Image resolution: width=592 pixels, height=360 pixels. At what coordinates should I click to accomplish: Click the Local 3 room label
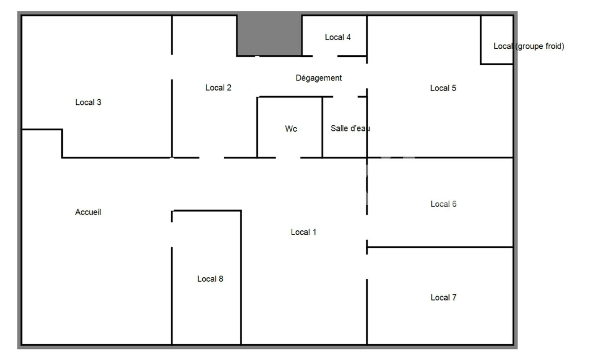(x=88, y=102)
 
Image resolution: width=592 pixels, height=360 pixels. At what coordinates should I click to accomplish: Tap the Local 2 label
(x=218, y=88)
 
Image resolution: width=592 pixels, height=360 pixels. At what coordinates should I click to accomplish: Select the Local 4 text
(x=338, y=37)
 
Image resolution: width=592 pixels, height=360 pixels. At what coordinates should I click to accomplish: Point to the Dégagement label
(x=319, y=78)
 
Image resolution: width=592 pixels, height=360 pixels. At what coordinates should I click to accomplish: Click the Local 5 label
(x=443, y=88)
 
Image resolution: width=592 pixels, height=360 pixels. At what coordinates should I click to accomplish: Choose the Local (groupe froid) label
(x=529, y=46)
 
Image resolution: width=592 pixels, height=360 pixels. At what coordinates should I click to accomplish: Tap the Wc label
(x=291, y=129)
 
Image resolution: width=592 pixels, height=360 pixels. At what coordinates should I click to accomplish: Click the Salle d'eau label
(x=350, y=128)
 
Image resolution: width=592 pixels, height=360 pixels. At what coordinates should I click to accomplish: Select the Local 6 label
(x=443, y=204)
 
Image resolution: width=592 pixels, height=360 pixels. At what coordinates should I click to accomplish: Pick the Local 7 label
(x=443, y=297)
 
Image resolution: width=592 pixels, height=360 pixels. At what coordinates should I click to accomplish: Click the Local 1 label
(x=303, y=232)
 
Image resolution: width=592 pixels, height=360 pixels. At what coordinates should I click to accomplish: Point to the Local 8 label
(x=210, y=279)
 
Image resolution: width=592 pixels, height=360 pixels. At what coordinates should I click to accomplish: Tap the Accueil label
(x=88, y=212)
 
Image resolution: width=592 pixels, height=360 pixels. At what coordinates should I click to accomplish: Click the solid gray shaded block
(x=269, y=35)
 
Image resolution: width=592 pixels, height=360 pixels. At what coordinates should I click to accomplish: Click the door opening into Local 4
(x=325, y=56)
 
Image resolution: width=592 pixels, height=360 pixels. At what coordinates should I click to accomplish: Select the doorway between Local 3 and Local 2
(x=172, y=67)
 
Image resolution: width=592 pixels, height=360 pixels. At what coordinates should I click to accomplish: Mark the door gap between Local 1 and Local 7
(x=367, y=267)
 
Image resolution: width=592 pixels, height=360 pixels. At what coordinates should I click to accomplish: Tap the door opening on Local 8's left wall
(x=172, y=235)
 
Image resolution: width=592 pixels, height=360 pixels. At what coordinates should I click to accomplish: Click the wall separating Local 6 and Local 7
(x=440, y=247)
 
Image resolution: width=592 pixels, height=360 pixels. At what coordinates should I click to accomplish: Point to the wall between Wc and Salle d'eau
(x=322, y=127)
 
